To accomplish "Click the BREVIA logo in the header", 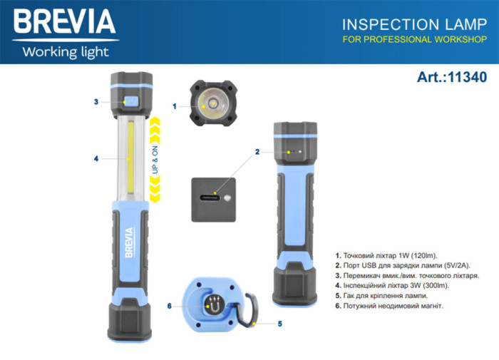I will point(64,22).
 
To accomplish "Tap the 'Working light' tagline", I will point(65,51).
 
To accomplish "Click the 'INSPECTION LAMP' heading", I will point(414,24).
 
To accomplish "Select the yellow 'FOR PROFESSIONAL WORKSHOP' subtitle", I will point(414,40).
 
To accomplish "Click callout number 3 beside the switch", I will point(96,102).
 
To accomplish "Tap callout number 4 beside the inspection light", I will point(96,158).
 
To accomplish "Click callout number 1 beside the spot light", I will point(175,106).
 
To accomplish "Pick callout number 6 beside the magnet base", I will point(169,306).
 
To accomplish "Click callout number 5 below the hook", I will point(279,323).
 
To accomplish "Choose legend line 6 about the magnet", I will point(388,305).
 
